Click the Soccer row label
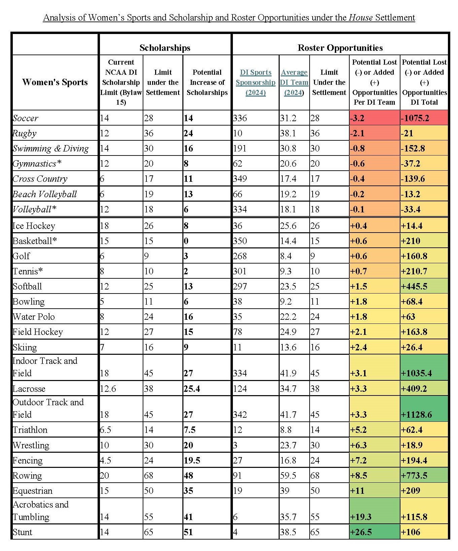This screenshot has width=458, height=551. point(25,118)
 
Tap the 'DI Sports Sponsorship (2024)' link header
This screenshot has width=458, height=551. point(255,82)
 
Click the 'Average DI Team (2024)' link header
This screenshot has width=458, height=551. point(294,82)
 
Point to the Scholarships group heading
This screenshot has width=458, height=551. point(165,48)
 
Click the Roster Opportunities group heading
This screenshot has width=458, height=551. point(340,48)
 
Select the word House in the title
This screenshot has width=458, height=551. point(361,18)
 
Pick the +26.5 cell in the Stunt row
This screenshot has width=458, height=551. point(362,532)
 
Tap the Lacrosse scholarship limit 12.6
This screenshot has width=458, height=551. point(108,389)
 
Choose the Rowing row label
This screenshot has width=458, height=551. point(27,476)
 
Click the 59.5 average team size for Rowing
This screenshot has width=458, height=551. point(288,476)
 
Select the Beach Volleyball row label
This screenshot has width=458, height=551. point(44,194)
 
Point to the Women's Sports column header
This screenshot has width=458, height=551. point(55,82)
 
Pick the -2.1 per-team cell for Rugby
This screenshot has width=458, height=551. point(357,133)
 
